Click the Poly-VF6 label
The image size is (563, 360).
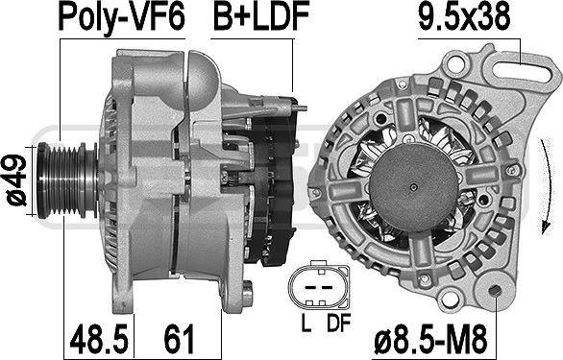[x=122, y=18]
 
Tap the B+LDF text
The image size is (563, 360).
[x=261, y=16]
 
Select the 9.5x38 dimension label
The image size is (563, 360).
[x=464, y=16]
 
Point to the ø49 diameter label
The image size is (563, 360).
[x=16, y=180]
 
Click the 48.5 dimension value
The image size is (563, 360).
[x=99, y=338]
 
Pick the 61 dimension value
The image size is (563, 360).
[x=179, y=338]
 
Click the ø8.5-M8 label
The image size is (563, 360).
[x=430, y=340]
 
